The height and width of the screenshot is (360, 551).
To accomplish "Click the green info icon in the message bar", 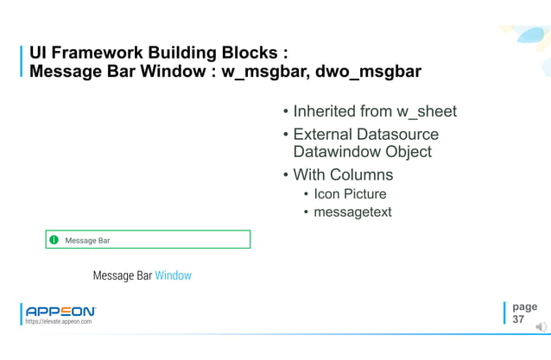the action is coord(54,240).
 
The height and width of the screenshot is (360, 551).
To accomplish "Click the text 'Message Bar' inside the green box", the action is coord(87,240).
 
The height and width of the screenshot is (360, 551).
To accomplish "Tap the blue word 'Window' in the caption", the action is coord(173,275).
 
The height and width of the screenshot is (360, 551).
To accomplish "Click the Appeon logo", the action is coord(60,311).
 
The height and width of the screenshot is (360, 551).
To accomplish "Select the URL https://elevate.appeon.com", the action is coord(59,321).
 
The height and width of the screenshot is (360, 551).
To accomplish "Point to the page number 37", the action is coord(518,319).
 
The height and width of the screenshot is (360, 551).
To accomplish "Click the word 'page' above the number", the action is coord(524,306).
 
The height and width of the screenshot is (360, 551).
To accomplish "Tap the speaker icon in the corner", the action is coord(541,325).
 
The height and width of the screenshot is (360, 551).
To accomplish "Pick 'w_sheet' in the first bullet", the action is coord(426,111).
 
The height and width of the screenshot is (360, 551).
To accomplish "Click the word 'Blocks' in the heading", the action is coord(237,52).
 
